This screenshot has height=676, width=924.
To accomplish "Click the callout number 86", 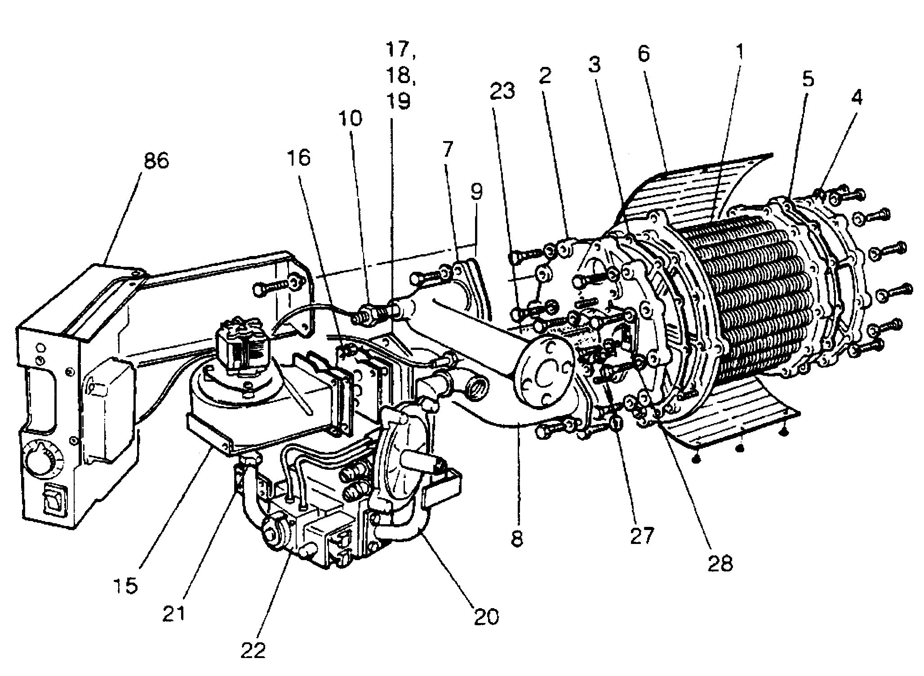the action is pos(156,159).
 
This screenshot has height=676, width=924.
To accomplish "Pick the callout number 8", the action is pos(517,539).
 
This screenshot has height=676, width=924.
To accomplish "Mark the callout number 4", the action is pos(856,96).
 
